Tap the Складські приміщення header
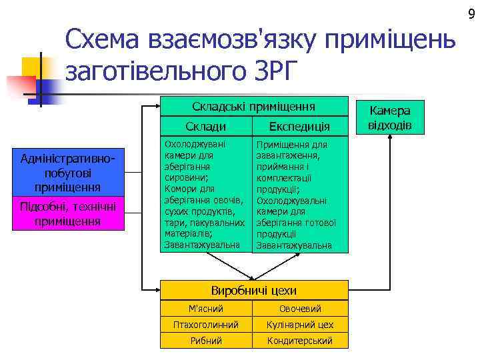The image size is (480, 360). click(254, 107)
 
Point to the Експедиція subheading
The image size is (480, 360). click(299, 127)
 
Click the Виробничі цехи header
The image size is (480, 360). click(254, 290)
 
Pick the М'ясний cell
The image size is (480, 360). click(206, 309)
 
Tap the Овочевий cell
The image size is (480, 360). click(300, 309)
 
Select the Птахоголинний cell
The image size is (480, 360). click(206, 325)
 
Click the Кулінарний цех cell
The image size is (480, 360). click(300, 325)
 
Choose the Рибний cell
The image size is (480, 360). click(206, 341)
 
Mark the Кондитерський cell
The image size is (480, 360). click(300, 341)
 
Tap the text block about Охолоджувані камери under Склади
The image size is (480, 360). click(204, 193)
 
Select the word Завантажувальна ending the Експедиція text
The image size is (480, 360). click(294, 245)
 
